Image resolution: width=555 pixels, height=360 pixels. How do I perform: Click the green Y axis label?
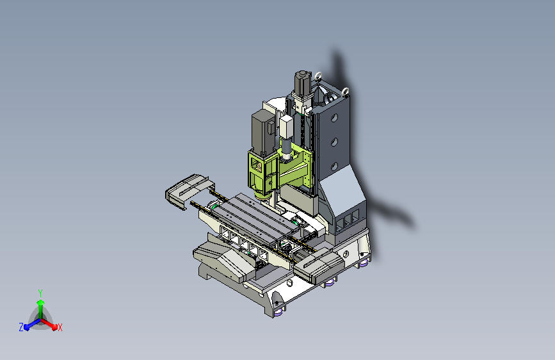40,293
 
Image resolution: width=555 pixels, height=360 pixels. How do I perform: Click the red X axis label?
60,327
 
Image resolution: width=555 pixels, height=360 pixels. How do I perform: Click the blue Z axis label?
21,327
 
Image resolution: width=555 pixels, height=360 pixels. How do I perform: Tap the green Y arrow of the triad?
41,309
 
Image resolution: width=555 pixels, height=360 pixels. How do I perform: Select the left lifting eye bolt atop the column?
318,76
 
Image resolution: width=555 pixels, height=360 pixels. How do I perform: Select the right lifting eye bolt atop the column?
346,92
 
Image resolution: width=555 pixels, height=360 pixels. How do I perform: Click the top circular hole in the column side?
334,118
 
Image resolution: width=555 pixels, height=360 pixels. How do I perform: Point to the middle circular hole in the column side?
334,142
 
